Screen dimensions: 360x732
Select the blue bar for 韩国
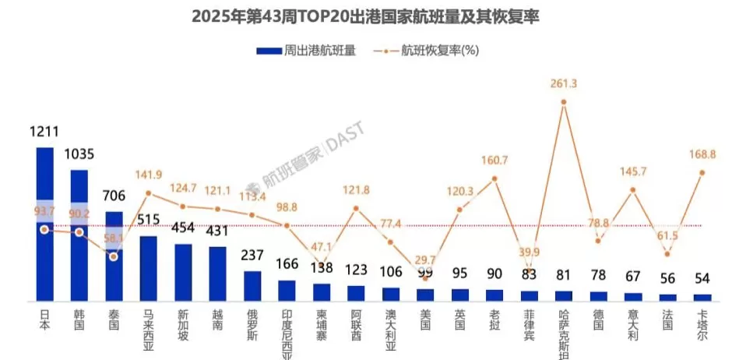tap(79, 235)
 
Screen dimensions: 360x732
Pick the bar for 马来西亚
tap(148, 268)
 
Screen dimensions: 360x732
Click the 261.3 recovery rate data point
tap(564, 102)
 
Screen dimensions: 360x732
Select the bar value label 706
tap(114, 197)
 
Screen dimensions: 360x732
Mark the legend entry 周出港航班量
tap(307, 51)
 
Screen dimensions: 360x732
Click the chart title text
tap(366, 16)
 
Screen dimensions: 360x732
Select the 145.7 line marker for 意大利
tap(633, 189)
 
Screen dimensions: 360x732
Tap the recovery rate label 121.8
tap(355, 190)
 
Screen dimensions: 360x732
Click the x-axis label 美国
tap(425, 322)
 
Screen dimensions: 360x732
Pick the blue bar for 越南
tap(217, 274)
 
